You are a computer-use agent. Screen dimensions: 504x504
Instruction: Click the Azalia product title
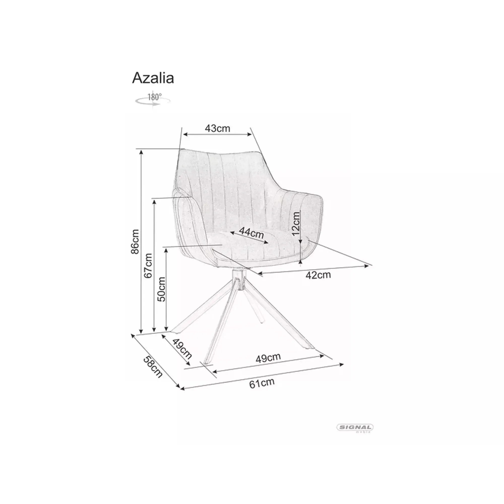(x=153, y=78)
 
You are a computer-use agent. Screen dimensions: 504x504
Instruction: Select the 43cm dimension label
(x=217, y=128)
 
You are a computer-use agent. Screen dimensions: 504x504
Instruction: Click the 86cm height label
(x=135, y=242)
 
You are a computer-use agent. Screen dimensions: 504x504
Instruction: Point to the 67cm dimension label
(x=148, y=266)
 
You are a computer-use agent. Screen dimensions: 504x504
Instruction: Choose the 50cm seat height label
(x=162, y=289)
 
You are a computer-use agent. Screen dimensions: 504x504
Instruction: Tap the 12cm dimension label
(x=296, y=224)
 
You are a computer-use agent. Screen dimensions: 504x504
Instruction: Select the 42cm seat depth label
(x=318, y=275)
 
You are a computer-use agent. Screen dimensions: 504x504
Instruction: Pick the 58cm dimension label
(x=153, y=367)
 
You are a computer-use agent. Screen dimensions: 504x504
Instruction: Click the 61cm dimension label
(x=262, y=383)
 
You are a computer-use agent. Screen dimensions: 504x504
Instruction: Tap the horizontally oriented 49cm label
(x=268, y=358)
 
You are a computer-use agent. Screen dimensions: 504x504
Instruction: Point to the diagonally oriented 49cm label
(x=182, y=349)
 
